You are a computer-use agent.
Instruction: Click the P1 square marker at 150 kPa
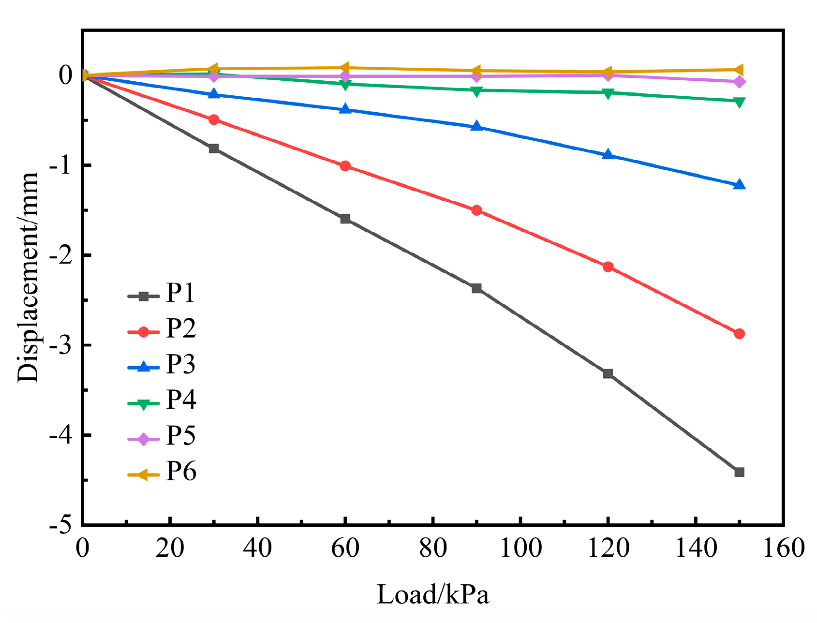click(x=739, y=472)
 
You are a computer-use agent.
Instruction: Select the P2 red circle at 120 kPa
click(x=608, y=267)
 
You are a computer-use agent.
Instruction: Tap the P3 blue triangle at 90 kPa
click(x=476, y=127)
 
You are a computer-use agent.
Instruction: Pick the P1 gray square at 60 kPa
click(x=345, y=219)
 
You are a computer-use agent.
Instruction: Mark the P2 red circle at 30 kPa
click(x=213, y=119)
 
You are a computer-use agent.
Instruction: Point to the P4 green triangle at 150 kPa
click(x=739, y=102)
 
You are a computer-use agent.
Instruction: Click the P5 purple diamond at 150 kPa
click(x=739, y=82)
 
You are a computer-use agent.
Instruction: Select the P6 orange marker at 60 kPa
click(x=345, y=68)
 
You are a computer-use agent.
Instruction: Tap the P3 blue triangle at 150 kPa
click(x=739, y=184)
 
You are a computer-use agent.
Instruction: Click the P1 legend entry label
click(x=180, y=293)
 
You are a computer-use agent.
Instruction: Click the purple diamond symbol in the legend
click(x=143, y=439)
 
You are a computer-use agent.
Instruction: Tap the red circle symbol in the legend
click(x=143, y=332)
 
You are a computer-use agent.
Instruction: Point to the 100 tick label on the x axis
click(x=520, y=549)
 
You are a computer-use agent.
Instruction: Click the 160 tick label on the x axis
click(x=783, y=549)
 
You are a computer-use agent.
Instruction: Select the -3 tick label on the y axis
click(x=60, y=345)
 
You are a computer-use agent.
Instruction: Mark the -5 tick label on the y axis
click(x=60, y=525)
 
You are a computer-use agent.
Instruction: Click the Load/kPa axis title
click(x=432, y=594)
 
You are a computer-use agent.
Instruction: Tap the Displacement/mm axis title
click(x=28, y=278)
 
